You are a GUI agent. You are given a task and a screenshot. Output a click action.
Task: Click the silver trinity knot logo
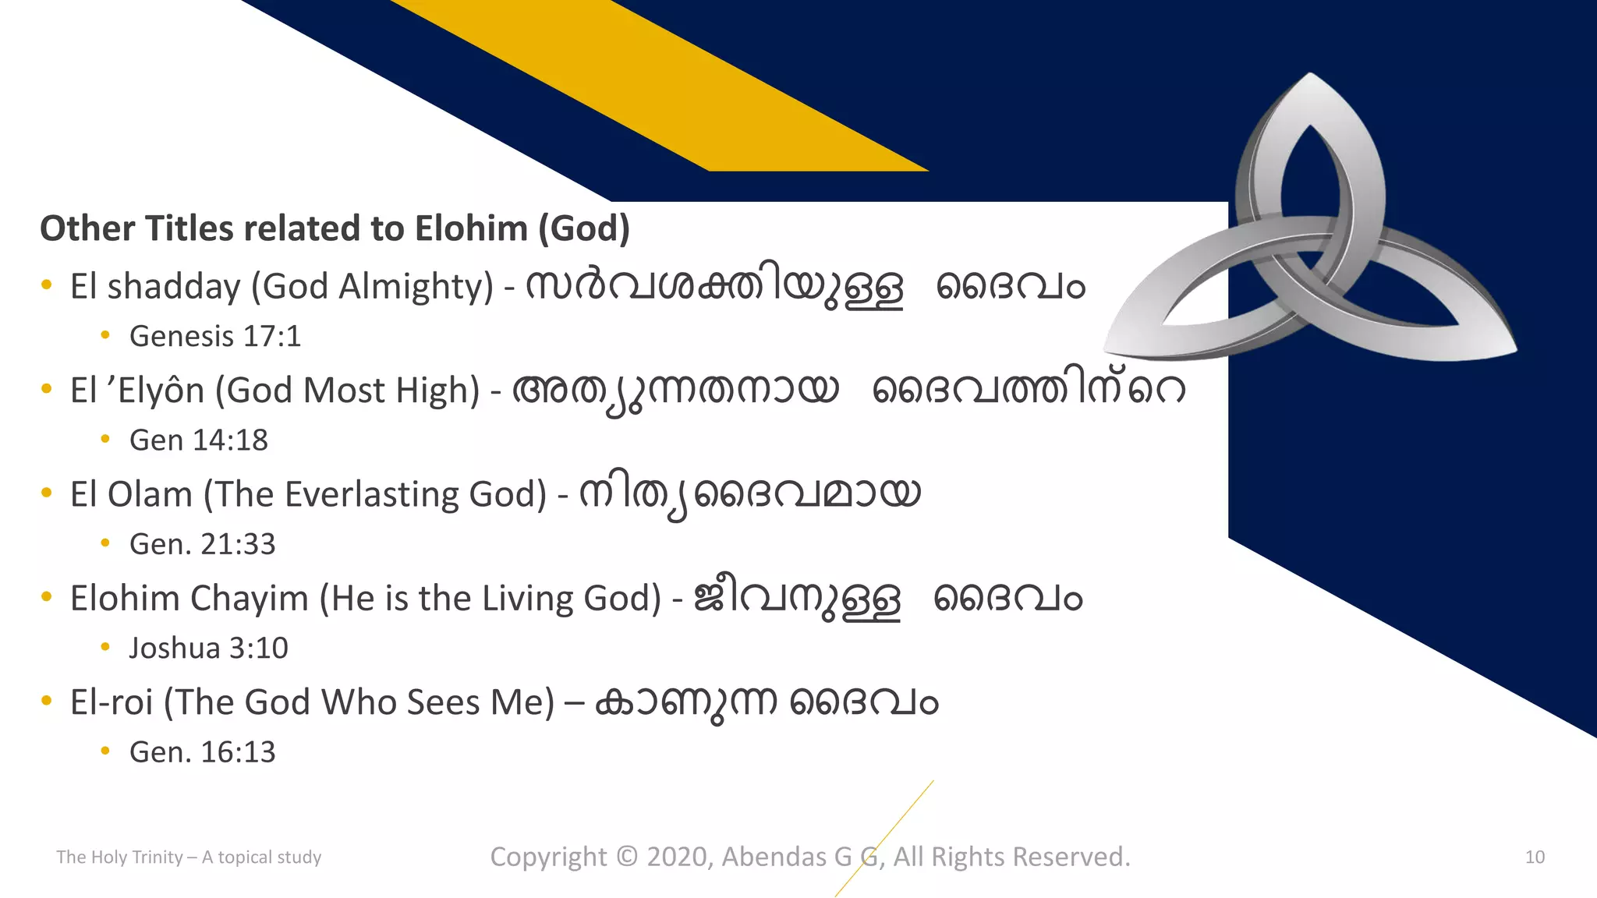click(1310, 234)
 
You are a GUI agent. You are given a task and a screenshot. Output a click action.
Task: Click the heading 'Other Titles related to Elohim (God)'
click(335, 229)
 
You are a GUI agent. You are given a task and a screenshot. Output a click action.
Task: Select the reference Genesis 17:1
click(214, 337)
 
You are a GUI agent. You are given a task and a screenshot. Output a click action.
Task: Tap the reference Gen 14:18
click(198, 440)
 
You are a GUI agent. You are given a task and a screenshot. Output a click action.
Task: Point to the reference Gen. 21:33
click(202, 544)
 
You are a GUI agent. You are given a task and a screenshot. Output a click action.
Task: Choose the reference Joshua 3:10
click(208, 649)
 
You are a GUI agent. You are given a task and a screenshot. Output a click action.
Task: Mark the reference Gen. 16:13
click(202, 752)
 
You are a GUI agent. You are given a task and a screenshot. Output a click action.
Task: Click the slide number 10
click(1534, 857)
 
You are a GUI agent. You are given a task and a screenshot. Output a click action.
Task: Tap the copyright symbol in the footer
click(626, 857)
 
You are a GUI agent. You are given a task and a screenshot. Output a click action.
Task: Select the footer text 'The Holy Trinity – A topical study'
click(189, 857)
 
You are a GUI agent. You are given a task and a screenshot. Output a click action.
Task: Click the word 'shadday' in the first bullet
click(174, 287)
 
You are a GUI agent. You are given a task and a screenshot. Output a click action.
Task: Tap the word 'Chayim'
click(249, 599)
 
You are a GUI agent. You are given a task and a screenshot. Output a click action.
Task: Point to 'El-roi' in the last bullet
click(111, 702)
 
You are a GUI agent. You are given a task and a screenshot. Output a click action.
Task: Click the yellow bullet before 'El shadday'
click(47, 285)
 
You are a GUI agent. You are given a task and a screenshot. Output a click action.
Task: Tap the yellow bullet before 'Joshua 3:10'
click(105, 647)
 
